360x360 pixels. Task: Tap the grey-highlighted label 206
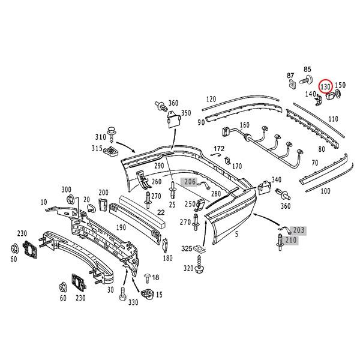pos(190,181)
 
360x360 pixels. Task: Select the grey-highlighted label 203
pos(298,230)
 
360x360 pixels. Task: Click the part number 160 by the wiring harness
pos(244,126)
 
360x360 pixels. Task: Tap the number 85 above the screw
pos(308,69)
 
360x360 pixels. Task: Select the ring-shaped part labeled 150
pos(337,94)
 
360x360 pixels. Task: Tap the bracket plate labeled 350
pos(173,122)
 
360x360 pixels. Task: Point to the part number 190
pos(121,227)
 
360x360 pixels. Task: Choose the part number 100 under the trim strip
pos(326,191)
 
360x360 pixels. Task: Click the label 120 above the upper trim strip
pos(211,99)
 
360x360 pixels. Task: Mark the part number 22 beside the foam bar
pos(160,211)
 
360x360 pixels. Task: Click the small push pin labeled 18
pos(147,277)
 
